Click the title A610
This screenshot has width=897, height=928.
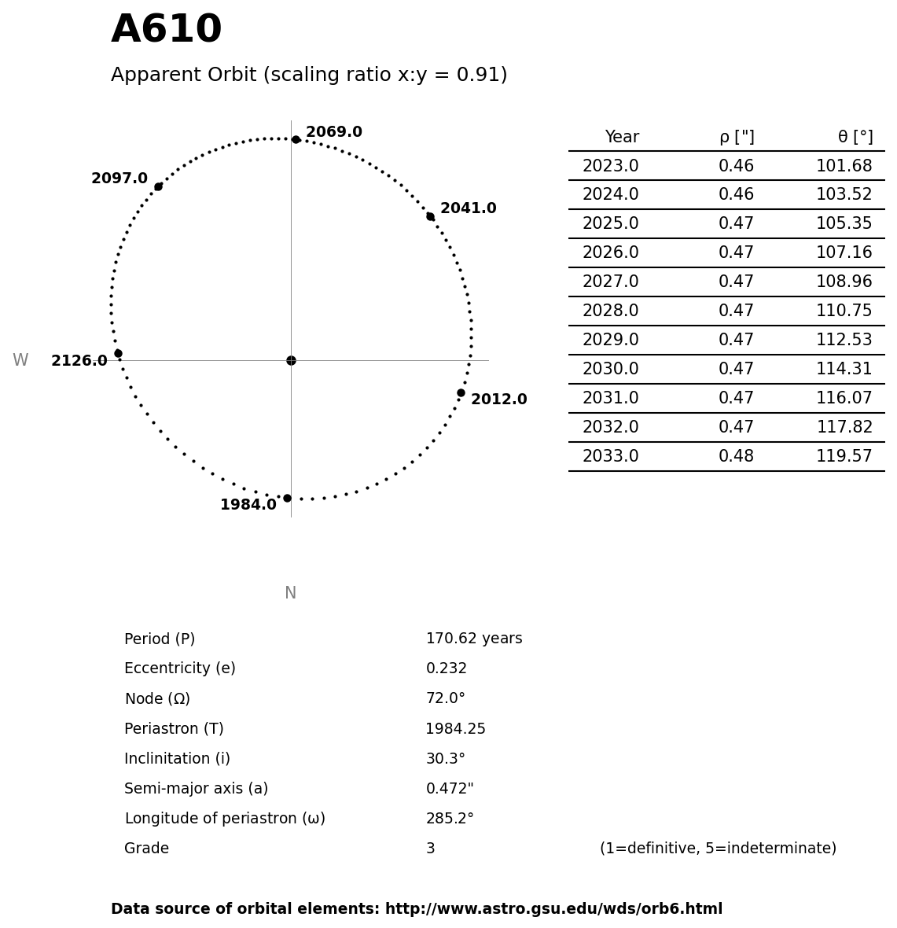point(166,30)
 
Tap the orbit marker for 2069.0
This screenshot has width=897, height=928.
point(296,139)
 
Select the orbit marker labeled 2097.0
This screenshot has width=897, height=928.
point(158,186)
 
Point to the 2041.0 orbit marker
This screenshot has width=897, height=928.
point(430,216)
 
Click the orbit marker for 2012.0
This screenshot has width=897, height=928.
point(461,392)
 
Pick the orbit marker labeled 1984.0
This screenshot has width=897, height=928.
point(287,498)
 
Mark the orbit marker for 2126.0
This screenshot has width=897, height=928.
point(118,353)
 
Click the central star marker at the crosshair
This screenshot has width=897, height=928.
point(291,360)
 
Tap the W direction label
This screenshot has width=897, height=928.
point(20,360)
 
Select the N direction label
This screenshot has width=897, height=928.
point(290,593)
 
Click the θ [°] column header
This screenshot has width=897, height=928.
point(855,137)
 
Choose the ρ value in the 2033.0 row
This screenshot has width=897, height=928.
point(736,456)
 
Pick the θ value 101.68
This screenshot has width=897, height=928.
point(844,166)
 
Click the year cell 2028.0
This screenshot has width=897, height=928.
point(610,311)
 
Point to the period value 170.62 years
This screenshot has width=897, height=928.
point(473,639)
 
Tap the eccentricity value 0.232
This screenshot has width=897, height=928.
point(446,668)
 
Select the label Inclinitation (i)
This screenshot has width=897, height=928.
point(177,759)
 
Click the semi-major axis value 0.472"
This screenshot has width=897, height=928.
point(449,789)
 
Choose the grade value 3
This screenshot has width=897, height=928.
point(430,849)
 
